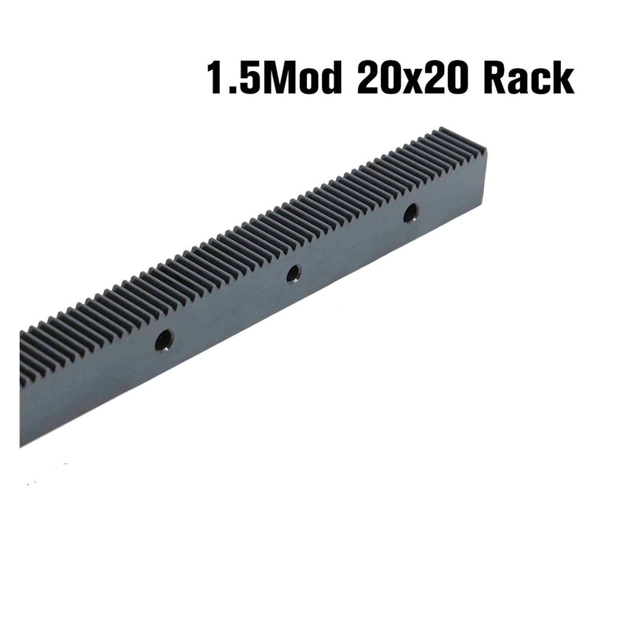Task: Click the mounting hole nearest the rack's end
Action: [411, 213]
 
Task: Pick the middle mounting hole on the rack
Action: [293, 274]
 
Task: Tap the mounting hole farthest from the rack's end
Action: [164, 340]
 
